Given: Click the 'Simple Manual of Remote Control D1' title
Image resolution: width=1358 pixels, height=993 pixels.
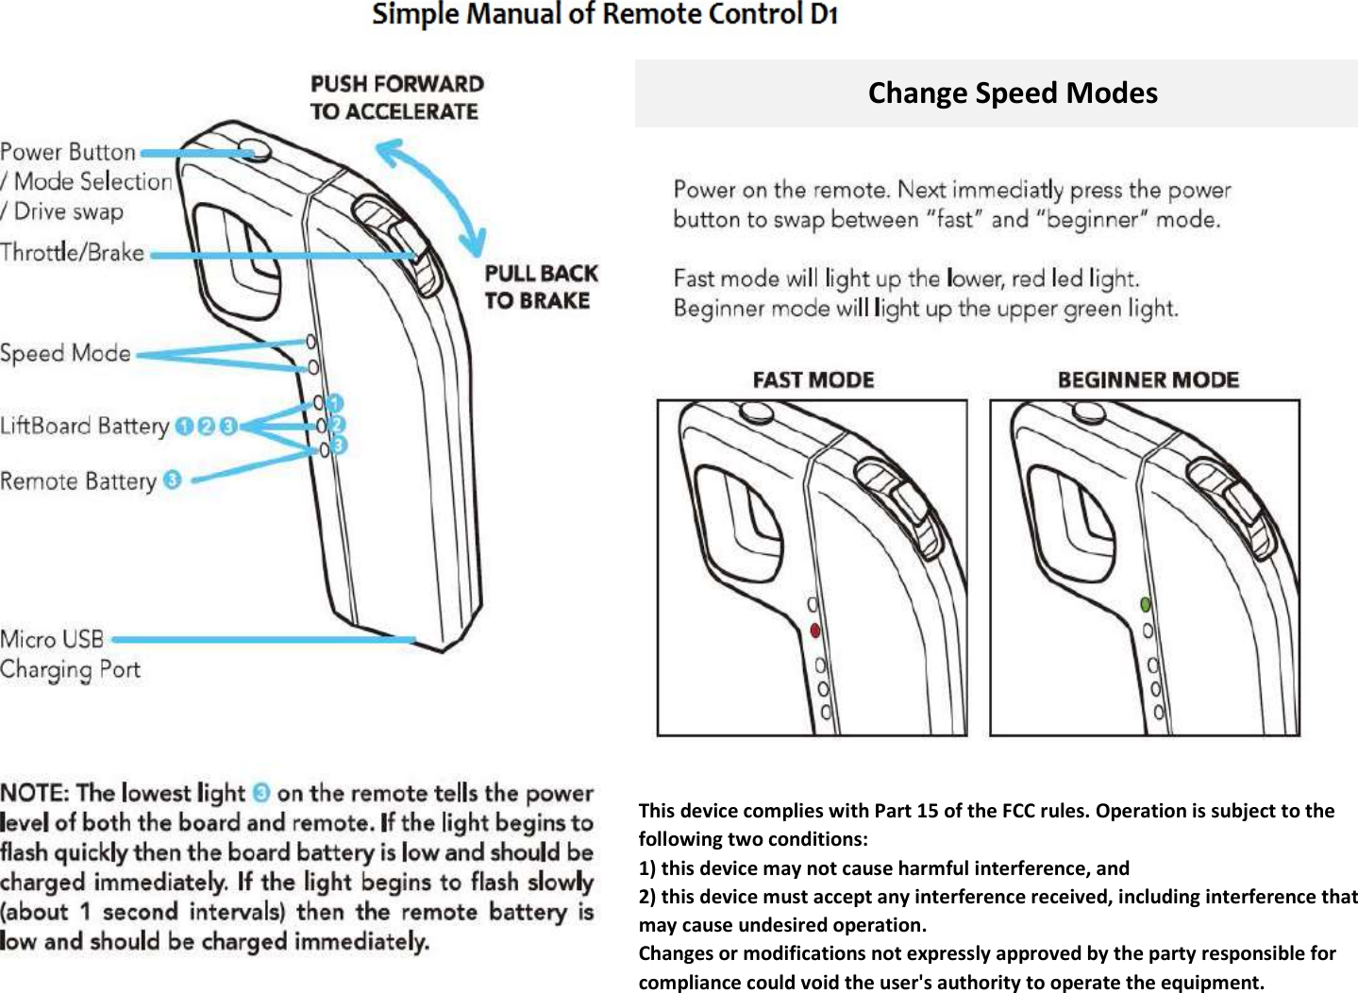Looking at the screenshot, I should [x=605, y=15].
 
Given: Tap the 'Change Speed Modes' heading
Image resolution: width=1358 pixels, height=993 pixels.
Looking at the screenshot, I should [x=1013, y=93].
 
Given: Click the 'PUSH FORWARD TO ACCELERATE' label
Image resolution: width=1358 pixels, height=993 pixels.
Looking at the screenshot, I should [x=396, y=97].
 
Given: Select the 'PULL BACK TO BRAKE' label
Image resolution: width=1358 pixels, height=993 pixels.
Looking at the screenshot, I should [x=541, y=287].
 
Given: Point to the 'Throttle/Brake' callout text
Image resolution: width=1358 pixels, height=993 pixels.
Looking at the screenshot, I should [x=73, y=253].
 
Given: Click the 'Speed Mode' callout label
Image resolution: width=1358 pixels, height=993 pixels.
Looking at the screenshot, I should [x=66, y=354].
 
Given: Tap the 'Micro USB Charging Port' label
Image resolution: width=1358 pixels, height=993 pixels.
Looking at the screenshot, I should [x=70, y=654].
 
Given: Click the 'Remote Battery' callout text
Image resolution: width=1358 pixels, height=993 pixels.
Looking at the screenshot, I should [x=78, y=481].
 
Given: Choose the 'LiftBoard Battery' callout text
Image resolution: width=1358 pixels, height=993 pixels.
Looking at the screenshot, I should [x=85, y=426].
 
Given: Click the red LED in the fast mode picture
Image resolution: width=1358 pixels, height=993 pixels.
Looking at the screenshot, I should [x=815, y=631].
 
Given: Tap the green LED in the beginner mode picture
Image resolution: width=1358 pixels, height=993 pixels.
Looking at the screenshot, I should [x=1146, y=604].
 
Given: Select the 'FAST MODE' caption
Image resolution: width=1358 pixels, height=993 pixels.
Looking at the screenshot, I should [x=813, y=380].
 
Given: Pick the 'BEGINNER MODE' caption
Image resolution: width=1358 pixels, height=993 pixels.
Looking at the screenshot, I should [x=1148, y=380].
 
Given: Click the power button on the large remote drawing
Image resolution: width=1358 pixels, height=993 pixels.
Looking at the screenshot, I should [x=252, y=149].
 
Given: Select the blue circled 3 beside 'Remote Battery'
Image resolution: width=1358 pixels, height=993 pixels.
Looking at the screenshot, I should [x=172, y=480].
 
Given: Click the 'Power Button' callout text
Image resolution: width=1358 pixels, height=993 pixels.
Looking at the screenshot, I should [x=68, y=152].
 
